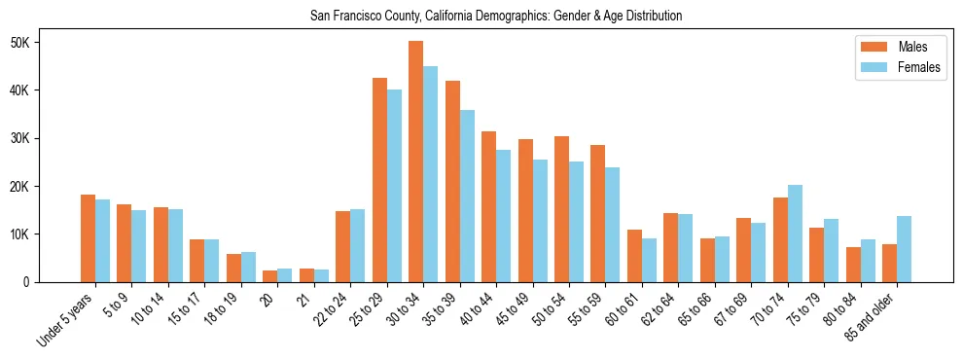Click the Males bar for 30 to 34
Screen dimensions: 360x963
[416, 162]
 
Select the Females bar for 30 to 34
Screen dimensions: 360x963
[431, 174]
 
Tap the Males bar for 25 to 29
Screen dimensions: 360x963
[379, 180]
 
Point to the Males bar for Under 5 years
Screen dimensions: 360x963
[88, 238]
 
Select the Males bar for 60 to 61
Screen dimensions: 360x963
[635, 256]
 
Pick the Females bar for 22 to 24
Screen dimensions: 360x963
[358, 245]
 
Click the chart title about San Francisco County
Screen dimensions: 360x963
[495, 16]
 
